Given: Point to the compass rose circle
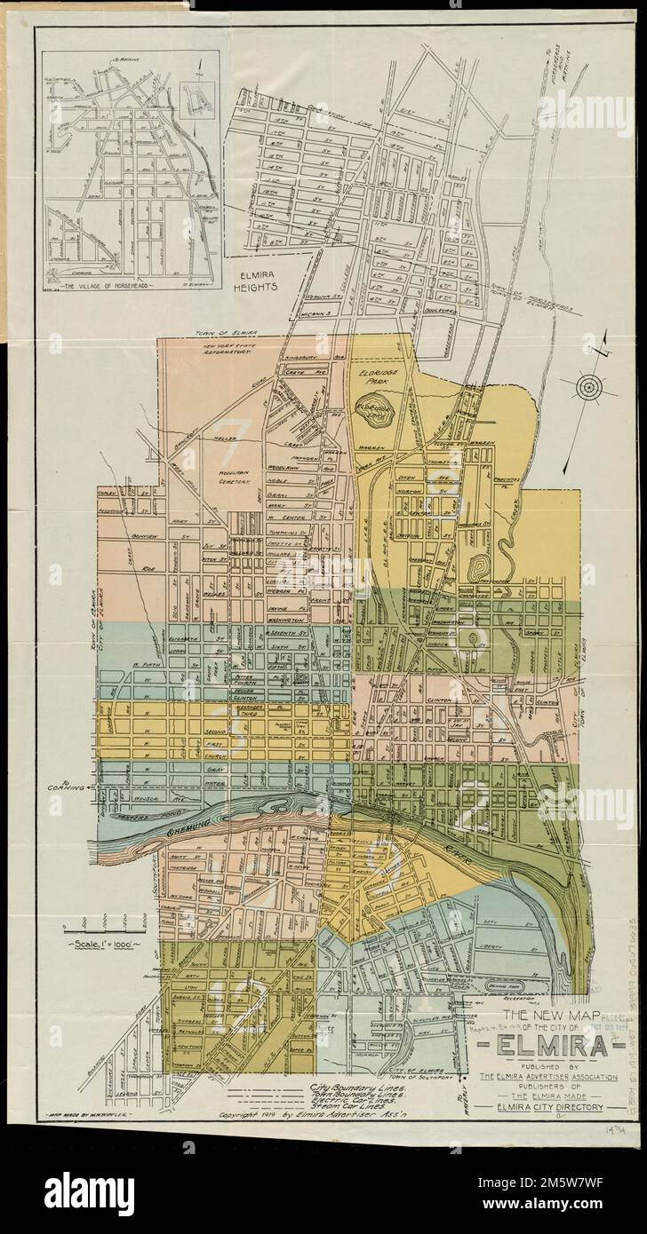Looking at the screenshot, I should click(x=587, y=387).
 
